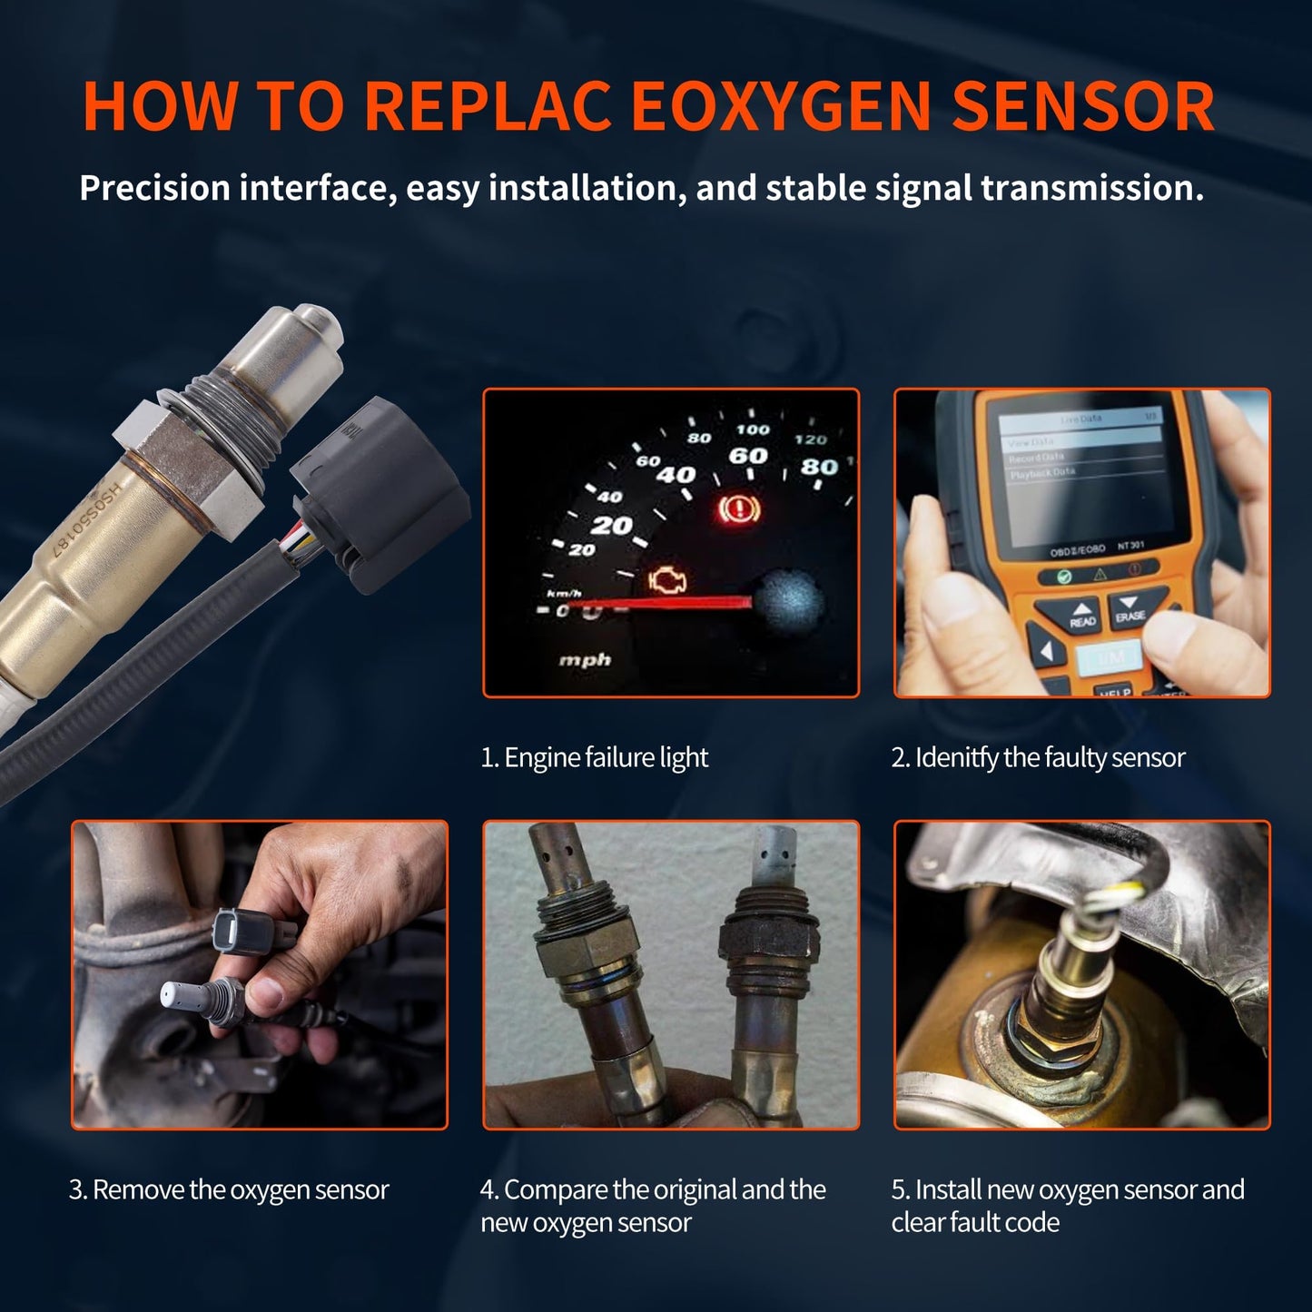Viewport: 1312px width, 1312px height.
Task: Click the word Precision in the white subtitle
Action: [154, 188]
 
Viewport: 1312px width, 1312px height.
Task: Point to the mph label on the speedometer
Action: [584, 659]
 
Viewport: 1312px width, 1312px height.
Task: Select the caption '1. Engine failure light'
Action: [594, 757]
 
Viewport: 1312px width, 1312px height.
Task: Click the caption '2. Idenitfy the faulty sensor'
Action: [1038, 757]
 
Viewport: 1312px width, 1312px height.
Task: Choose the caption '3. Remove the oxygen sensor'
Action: [229, 1189]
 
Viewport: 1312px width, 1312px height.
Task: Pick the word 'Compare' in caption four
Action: [556, 1189]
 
